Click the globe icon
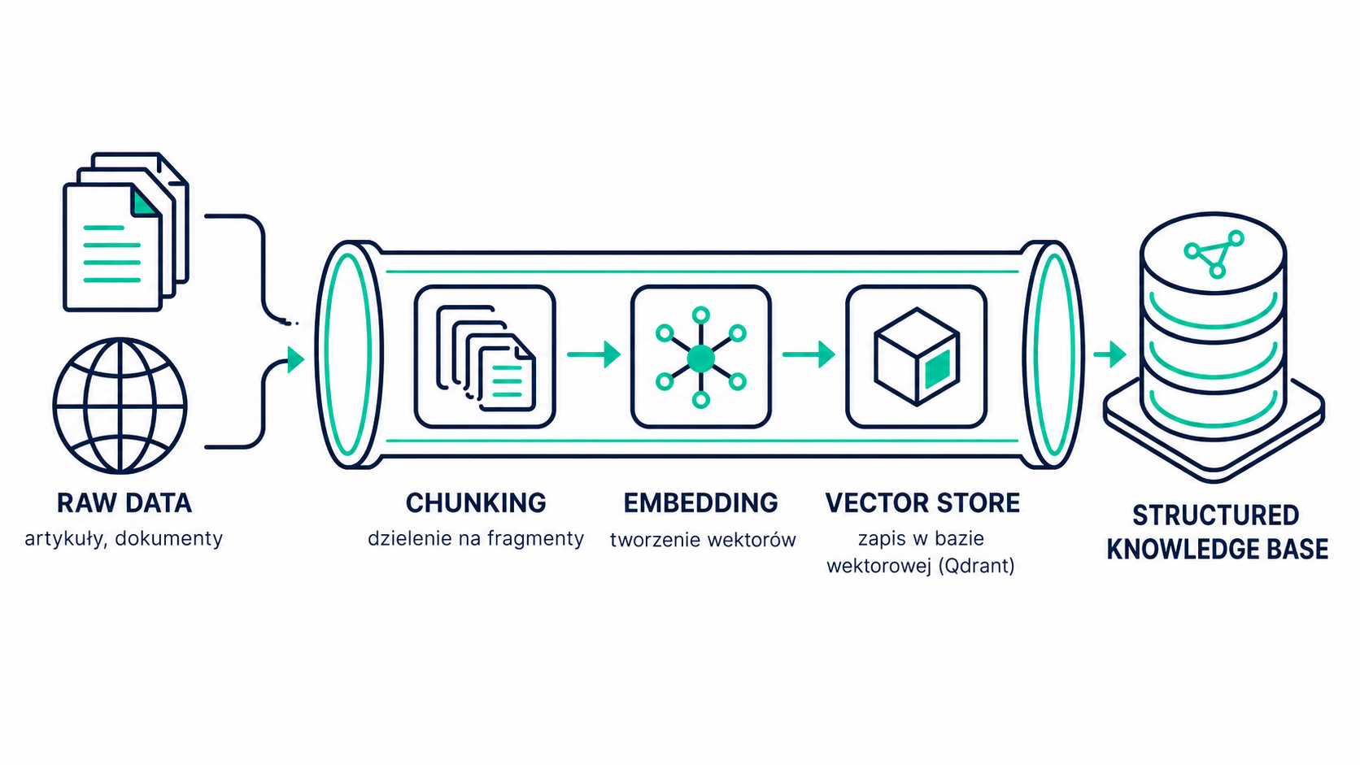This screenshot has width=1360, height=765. coord(120,406)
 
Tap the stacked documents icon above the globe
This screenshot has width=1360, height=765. coord(126,232)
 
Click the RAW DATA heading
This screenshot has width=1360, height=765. coord(124,503)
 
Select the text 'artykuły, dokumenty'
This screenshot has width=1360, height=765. coord(124,539)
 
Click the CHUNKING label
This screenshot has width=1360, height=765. coord(476,503)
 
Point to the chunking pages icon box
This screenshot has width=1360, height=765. coord(485,357)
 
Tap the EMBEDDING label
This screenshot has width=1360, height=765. coord(700,503)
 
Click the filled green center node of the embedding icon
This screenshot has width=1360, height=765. coord(700,359)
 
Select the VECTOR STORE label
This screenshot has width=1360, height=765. coord(922,503)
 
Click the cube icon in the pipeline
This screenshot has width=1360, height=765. coord(916,357)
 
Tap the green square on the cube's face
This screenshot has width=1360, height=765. coord(937,369)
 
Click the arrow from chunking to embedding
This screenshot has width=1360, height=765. coord(594,354)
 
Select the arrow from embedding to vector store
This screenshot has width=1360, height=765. coord(809,354)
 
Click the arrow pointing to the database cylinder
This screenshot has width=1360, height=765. coord(1109,354)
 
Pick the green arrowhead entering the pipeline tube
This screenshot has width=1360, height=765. coord(296,360)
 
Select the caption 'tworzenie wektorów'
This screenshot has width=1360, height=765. coord(703,540)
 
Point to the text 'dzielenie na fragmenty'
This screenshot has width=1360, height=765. coord(475,539)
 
